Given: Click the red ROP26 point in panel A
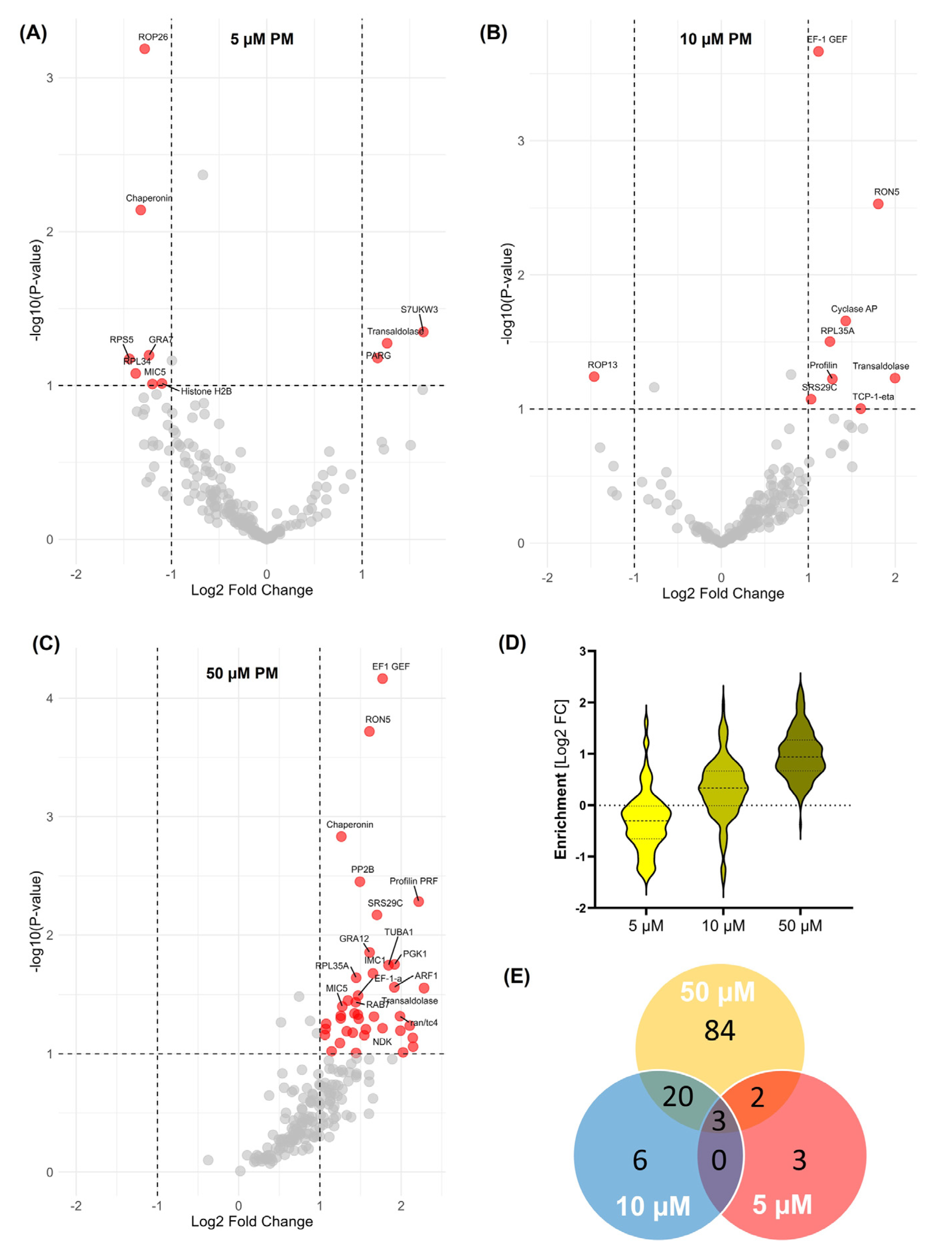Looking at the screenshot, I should pyautogui.click(x=145, y=49).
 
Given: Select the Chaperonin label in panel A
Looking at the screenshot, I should pyautogui.click(x=149, y=198).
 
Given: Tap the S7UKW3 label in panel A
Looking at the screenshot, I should pyautogui.click(x=419, y=309).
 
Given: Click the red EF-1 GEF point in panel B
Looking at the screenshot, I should pyautogui.click(x=818, y=51).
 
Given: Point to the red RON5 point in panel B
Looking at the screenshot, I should pyautogui.click(x=878, y=204).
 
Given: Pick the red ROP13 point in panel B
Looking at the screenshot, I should pyautogui.click(x=594, y=376).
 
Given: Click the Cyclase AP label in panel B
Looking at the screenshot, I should pyautogui.click(x=853, y=309).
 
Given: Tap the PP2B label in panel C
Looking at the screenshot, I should pyautogui.click(x=362, y=869).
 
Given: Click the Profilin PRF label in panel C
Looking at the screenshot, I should pyautogui.click(x=414, y=881).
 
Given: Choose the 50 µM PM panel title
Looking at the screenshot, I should pyautogui.click(x=242, y=673).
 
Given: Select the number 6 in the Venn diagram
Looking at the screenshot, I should pyautogui.click(x=640, y=1160).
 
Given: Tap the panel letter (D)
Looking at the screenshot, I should pyautogui.click(x=512, y=643).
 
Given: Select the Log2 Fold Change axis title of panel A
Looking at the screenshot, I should pyautogui.click(x=252, y=590).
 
